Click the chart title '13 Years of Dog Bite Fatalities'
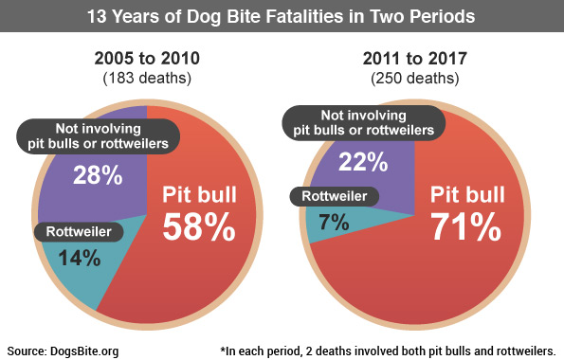tap(282, 17)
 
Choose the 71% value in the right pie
tap(465, 227)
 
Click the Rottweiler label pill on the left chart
tap(76, 230)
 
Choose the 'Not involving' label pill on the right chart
tap(364, 121)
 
